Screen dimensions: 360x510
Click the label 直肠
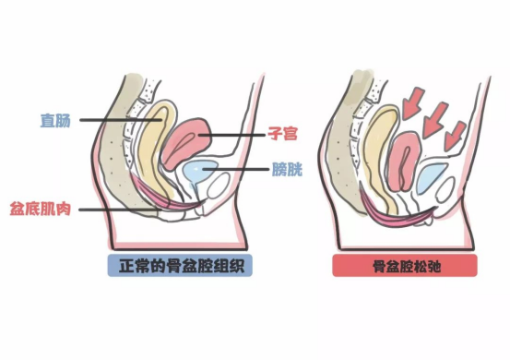(x=56, y=120)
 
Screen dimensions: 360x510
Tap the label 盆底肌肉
(x=42, y=209)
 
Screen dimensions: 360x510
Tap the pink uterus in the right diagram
(x=408, y=166)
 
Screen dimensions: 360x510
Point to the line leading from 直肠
(x=111, y=120)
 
